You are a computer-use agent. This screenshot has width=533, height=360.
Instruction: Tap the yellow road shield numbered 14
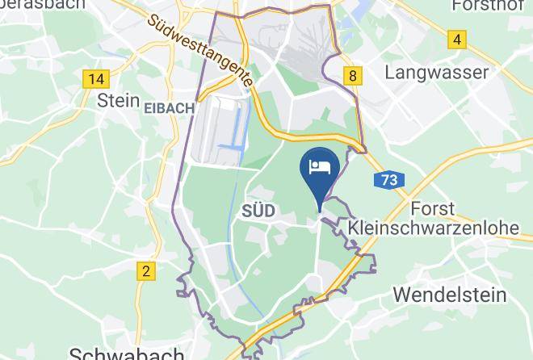pyautogui.click(x=95, y=78)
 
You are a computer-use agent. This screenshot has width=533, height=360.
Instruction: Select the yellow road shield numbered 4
pyautogui.click(x=458, y=39)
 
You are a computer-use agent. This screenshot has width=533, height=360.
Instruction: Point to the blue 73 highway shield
pyautogui.click(x=389, y=180)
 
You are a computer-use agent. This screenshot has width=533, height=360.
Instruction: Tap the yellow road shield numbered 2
pyautogui.click(x=145, y=271)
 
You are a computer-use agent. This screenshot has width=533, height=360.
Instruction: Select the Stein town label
pyautogui.click(x=113, y=100)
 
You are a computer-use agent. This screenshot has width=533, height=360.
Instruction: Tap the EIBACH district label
pyautogui.click(x=169, y=107)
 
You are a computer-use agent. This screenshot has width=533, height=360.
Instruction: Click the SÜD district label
pyautogui.click(x=258, y=211)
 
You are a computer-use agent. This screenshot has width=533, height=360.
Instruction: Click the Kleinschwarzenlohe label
pyautogui.click(x=434, y=228)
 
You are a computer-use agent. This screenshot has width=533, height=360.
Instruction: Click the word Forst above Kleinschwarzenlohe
pyautogui.click(x=432, y=208)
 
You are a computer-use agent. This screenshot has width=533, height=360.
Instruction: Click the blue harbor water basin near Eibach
pyautogui.click(x=235, y=129)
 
